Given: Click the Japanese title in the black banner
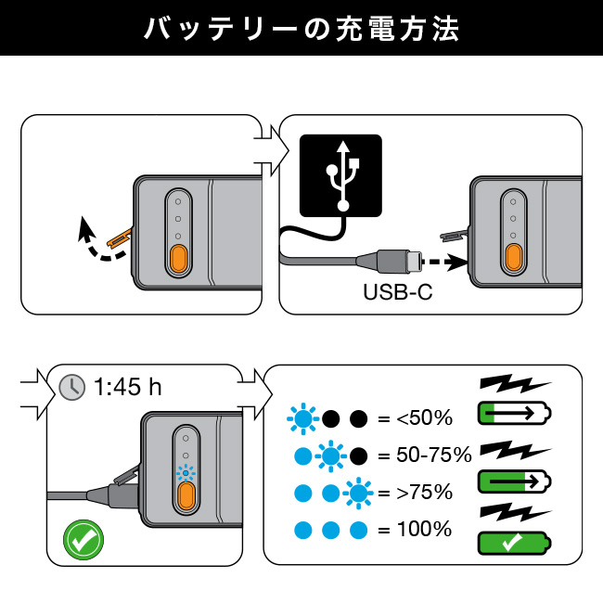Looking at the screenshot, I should click(301, 29).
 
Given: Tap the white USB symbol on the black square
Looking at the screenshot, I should click(340, 175).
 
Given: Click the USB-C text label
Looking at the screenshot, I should click(398, 292).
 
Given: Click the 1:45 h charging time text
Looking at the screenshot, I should click(128, 386).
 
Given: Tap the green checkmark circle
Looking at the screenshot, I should click(83, 539).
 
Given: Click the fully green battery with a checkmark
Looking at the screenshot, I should click(513, 543).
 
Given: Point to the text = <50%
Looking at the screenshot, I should click(414, 418).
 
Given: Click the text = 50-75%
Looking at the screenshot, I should click(425, 455).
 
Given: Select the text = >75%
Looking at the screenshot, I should click(414, 492).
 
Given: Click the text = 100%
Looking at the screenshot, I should click(414, 530).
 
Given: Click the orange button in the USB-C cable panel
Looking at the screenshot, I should click(512, 255).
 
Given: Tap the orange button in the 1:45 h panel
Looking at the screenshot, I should click(186, 495).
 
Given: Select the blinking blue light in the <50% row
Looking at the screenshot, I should click(302, 419).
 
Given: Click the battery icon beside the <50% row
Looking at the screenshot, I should click(513, 413).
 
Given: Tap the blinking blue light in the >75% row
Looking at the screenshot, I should click(357, 493).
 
